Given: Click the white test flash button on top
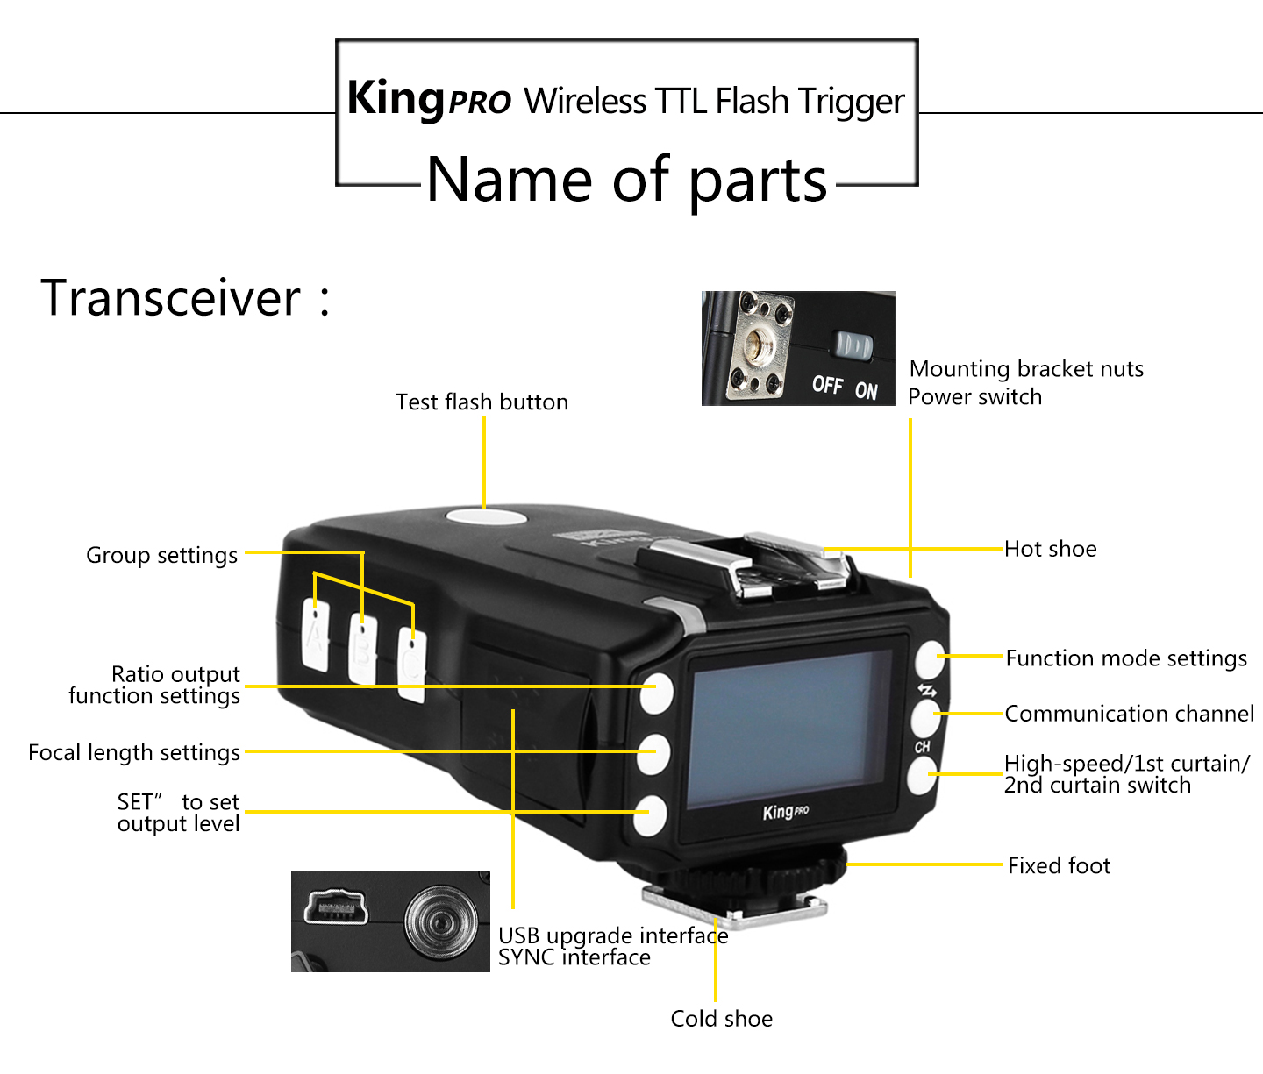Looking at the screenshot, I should [x=486, y=516].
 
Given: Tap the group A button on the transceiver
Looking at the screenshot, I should [x=315, y=636].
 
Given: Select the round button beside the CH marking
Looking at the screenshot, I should [x=924, y=718].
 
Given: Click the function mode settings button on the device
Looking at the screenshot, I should [x=929, y=660].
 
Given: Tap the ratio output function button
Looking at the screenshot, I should [x=655, y=693].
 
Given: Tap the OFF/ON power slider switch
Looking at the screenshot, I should [x=852, y=346].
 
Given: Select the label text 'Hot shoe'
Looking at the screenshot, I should [x=1050, y=550].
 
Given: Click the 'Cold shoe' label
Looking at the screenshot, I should [x=721, y=1019].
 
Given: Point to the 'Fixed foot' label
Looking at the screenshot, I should [x=1059, y=866].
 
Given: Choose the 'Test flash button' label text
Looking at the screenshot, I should [x=482, y=402].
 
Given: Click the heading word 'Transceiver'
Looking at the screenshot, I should [x=171, y=298].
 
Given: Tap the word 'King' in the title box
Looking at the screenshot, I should [x=396, y=98].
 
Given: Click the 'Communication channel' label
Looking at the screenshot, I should [x=1129, y=715].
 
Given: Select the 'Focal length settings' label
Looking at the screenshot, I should [x=134, y=753].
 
